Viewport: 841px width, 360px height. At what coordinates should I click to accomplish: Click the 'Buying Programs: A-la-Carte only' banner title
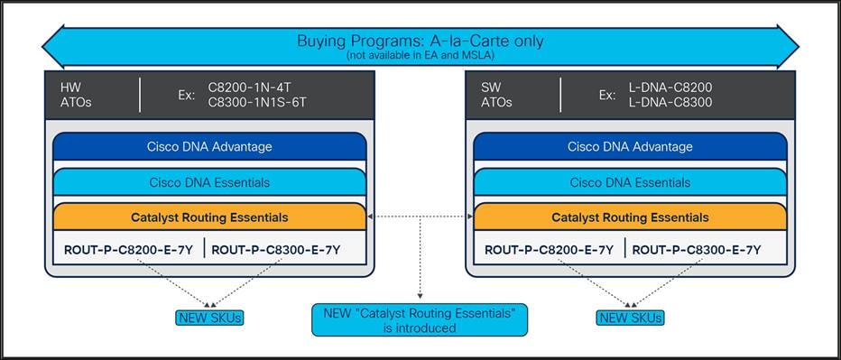pyautogui.click(x=420, y=41)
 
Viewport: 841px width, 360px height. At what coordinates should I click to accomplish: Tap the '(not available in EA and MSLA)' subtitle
pyautogui.click(x=420, y=56)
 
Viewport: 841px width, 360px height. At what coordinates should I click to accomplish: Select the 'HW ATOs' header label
pyautogui.click(x=76, y=94)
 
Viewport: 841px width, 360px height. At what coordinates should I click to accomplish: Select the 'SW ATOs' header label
pyautogui.click(x=496, y=94)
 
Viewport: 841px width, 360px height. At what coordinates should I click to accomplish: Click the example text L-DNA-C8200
pyautogui.click(x=670, y=87)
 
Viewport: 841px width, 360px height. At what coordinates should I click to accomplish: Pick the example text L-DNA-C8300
pyautogui.click(x=670, y=102)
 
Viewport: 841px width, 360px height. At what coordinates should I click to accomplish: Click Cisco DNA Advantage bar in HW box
pyautogui.click(x=209, y=146)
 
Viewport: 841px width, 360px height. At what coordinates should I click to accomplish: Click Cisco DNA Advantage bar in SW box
pyautogui.click(x=630, y=146)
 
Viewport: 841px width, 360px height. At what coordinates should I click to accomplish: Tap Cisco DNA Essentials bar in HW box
pyautogui.click(x=209, y=182)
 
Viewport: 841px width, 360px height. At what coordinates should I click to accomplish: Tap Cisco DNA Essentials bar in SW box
pyautogui.click(x=630, y=182)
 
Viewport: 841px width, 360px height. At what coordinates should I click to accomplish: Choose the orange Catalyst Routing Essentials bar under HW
pyautogui.click(x=209, y=217)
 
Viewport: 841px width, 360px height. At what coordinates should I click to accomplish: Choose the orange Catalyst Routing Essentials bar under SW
pyautogui.click(x=630, y=217)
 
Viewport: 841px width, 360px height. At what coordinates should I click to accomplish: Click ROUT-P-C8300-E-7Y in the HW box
pyautogui.click(x=276, y=249)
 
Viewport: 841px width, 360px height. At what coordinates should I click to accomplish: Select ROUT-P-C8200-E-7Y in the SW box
pyautogui.click(x=549, y=249)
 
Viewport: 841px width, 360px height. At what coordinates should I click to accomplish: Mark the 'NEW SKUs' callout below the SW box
pyautogui.click(x=630, y=317)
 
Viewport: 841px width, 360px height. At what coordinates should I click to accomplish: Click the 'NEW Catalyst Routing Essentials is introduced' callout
pyautogui.click(x=420, y=320)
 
